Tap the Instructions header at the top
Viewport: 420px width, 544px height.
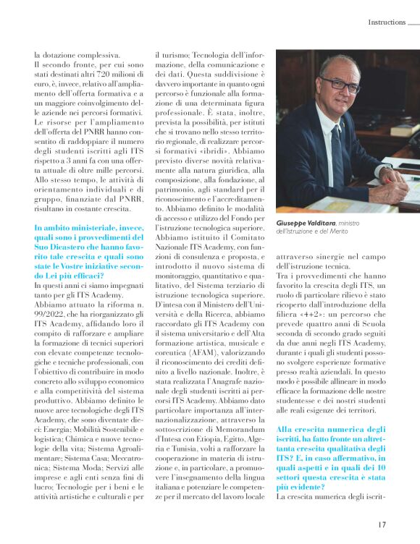pyautogui.click(x=386, y=22)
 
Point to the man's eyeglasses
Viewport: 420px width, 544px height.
pyautogui.click(x=340, y=84)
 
